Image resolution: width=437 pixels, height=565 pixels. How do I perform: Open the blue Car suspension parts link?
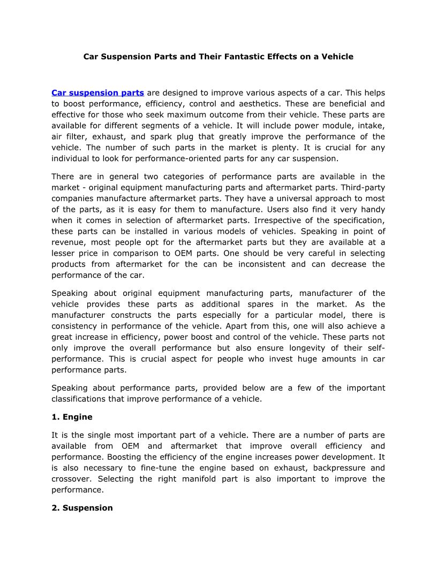pyautogui.click(x=97, y=93)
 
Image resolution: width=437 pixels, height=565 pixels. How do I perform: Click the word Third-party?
pyautogui.click(x=361, y=187)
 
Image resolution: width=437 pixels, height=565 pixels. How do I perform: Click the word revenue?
pyautogui.click(x=67, y=242)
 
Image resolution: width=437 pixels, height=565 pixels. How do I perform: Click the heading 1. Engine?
pyautogui.click(x=72, y=417)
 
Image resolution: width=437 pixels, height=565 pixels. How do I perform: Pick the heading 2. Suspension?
pyautogui.click(x=82, y=508)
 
